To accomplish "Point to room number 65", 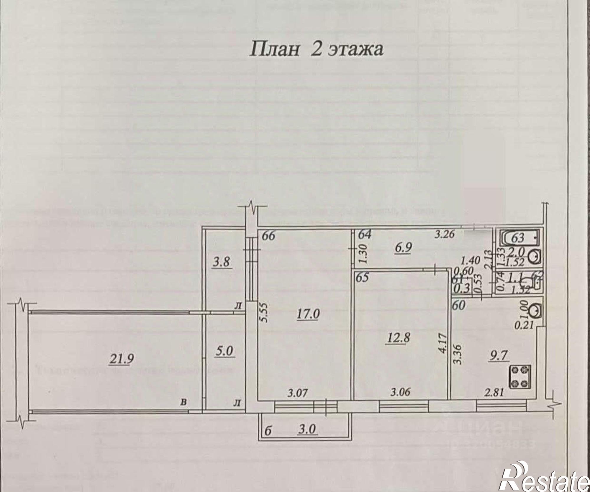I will point(363,278).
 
